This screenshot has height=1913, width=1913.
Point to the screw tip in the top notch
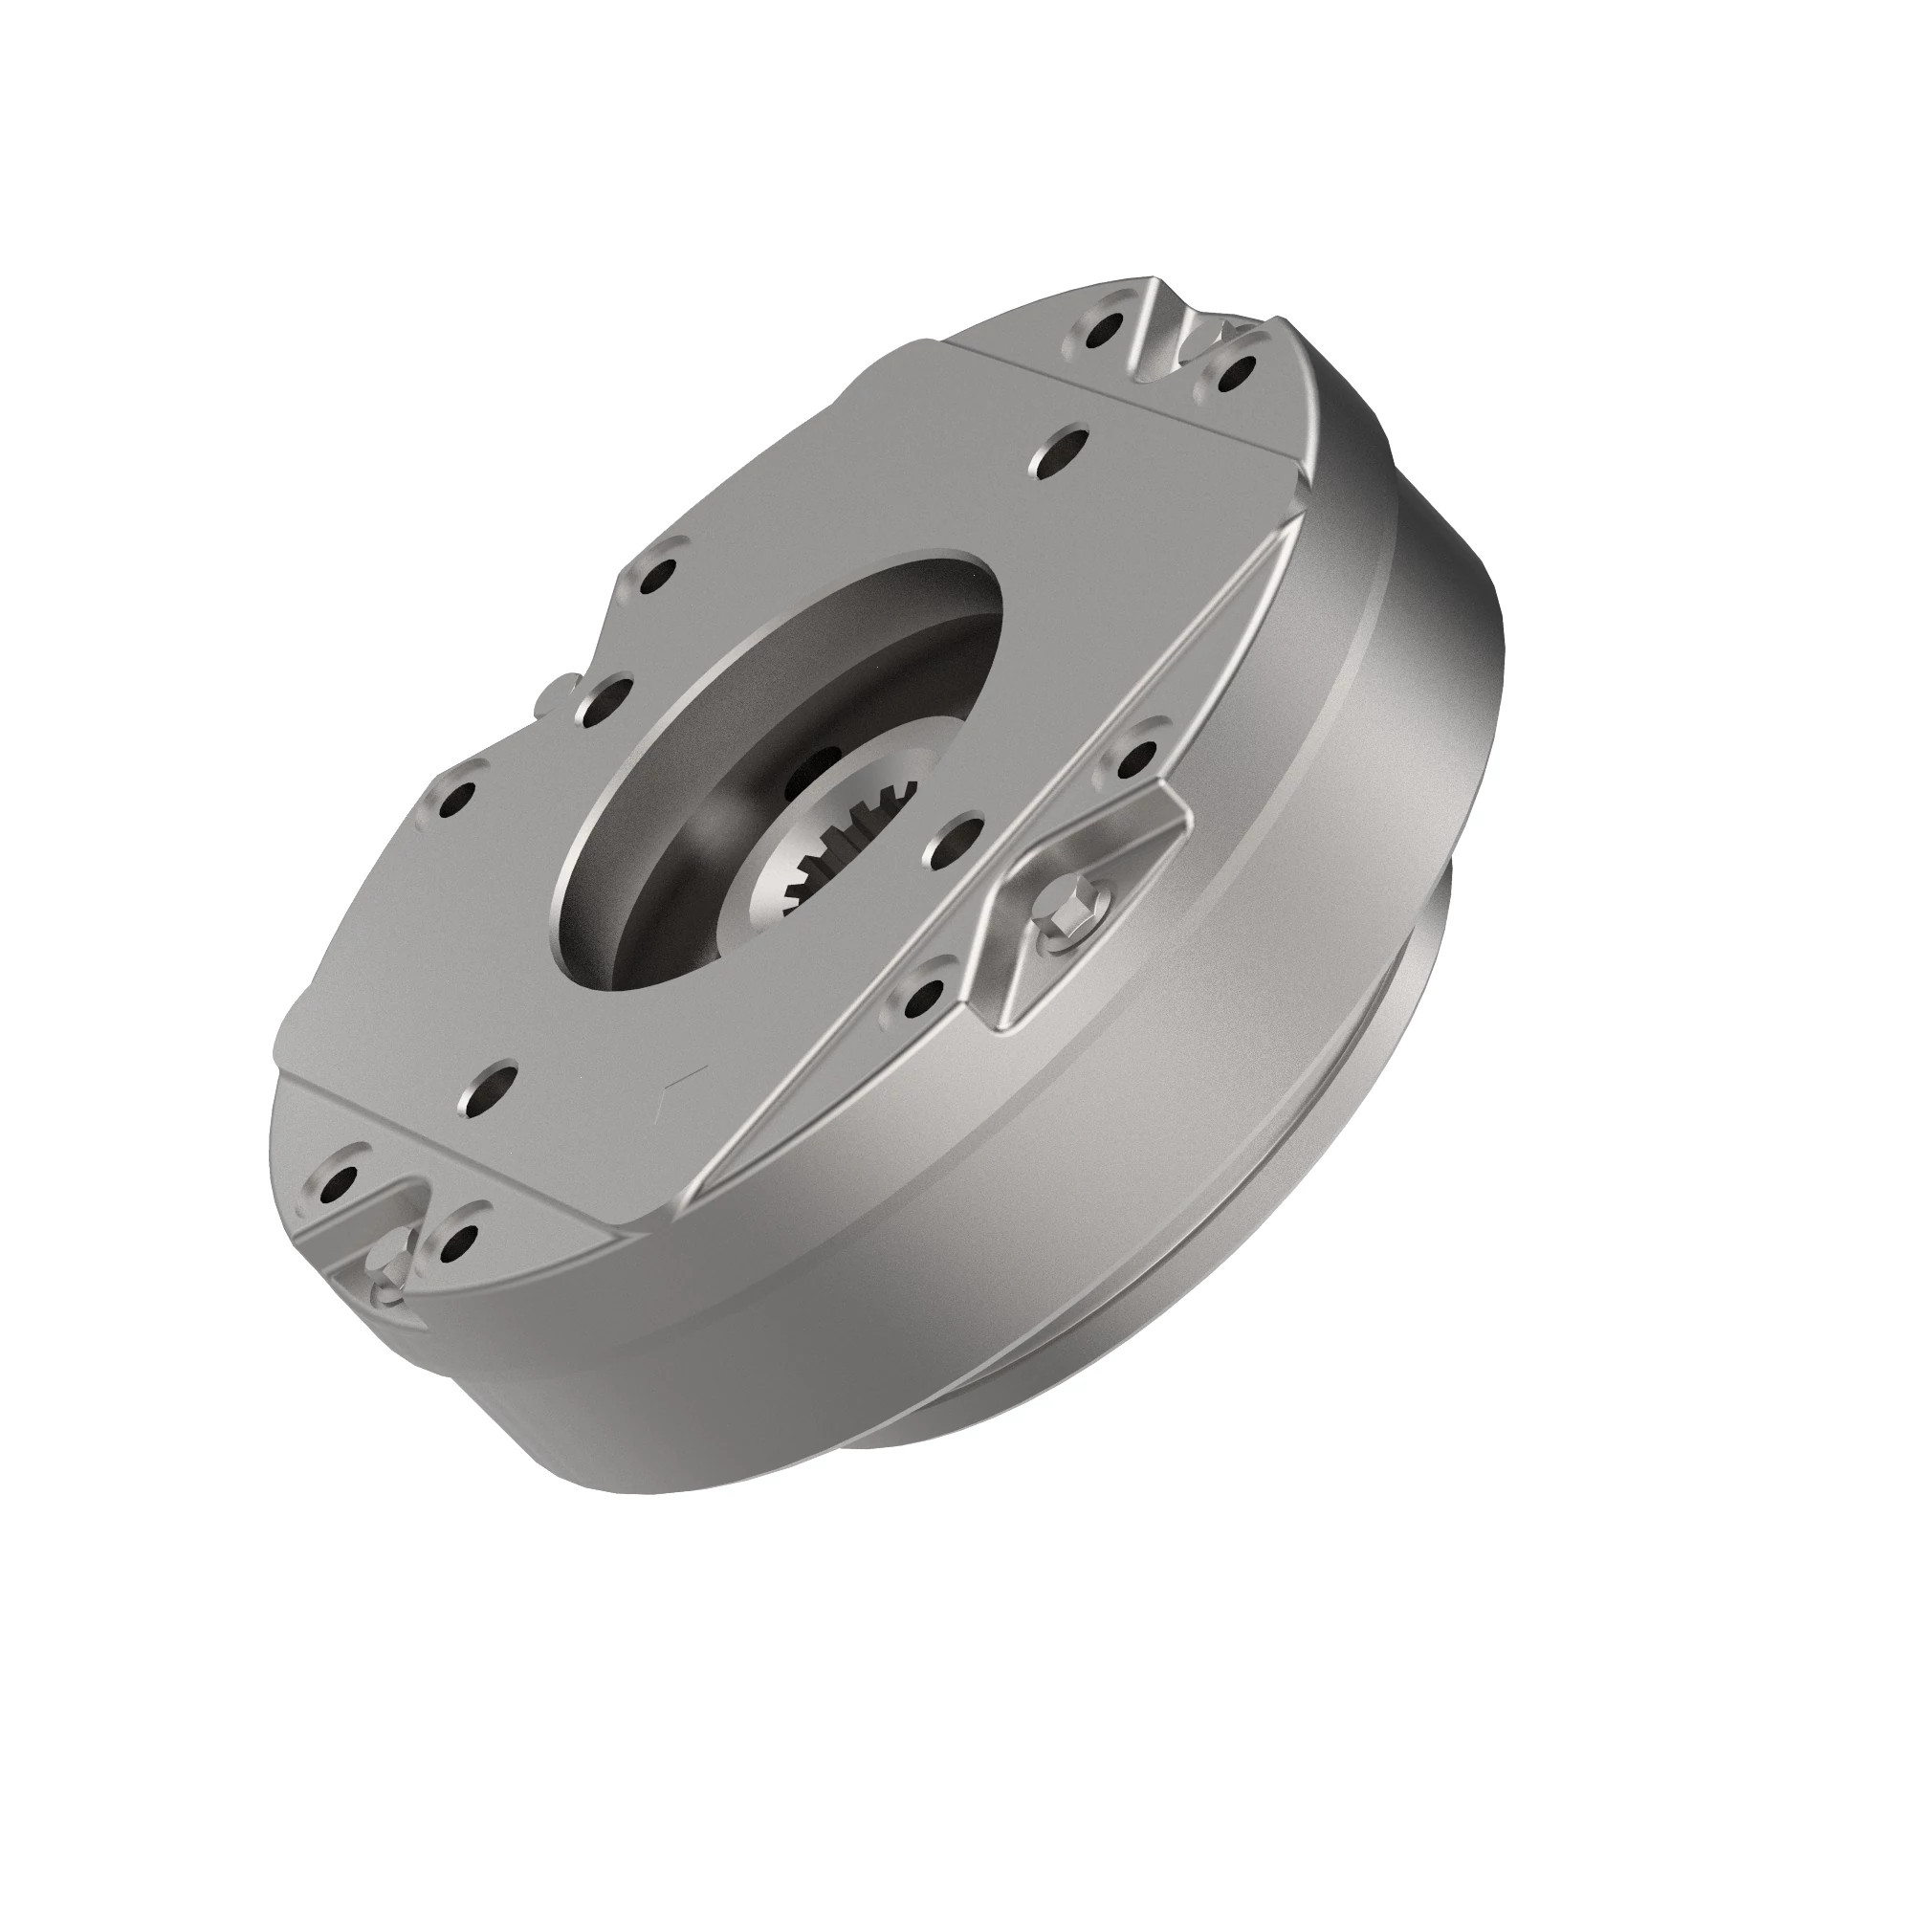coord(1228,330)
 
